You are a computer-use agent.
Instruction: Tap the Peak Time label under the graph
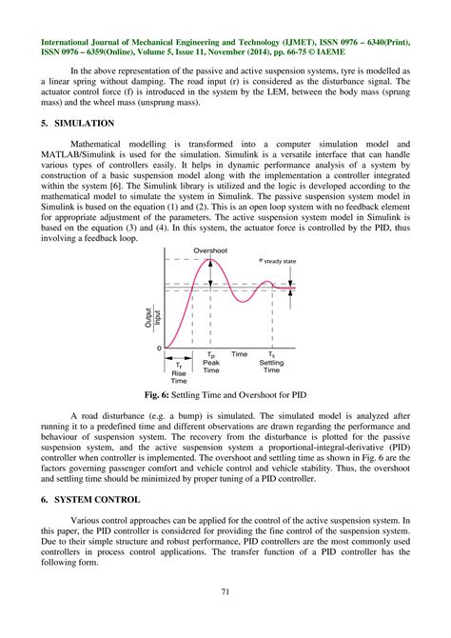pos(211,365)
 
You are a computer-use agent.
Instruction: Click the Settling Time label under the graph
pos(272,365)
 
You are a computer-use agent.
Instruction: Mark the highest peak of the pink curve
pos(210,260)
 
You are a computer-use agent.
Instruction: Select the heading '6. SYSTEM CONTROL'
pos(90,499)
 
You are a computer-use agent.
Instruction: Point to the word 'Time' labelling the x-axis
pos(240,354)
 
